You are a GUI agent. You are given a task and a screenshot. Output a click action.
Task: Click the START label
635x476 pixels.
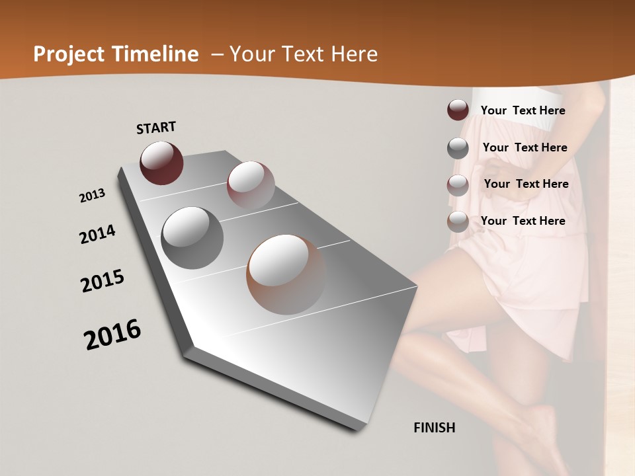156,128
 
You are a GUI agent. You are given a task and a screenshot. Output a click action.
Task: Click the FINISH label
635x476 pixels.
434,428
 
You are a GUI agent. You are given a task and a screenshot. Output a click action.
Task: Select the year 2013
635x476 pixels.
92,196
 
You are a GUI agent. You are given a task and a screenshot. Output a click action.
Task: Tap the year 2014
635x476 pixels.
97,235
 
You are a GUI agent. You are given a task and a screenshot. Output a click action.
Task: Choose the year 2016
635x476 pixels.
112,334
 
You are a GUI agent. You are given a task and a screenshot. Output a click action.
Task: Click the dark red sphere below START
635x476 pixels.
161,163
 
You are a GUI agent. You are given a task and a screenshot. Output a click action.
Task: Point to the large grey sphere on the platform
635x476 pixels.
192,237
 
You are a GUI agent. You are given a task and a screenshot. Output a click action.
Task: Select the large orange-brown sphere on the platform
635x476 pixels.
286,274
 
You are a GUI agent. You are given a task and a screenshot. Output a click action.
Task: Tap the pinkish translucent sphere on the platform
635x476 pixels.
251,186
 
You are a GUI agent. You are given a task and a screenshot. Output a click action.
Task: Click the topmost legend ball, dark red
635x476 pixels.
458,110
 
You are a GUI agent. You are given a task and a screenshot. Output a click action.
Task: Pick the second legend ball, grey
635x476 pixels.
458,148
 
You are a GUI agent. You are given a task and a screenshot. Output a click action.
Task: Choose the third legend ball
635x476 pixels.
458,185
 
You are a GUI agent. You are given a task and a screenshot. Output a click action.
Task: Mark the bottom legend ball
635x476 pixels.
458,221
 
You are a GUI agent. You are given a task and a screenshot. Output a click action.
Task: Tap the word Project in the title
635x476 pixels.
65,54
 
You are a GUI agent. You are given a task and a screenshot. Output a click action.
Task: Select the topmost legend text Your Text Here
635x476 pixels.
523,110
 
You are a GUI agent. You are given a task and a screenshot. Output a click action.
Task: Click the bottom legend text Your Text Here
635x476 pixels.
523,221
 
